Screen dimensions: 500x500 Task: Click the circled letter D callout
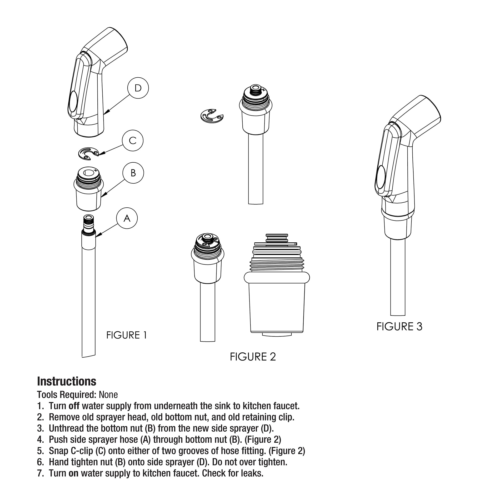click(x=138, y=88)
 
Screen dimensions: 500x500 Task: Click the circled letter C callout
click(x=133, y=140)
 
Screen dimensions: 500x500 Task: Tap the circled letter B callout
click(x=133, y=173)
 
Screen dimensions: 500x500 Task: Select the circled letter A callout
click(x=127, y=218)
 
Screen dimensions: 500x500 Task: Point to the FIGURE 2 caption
click(x=253, y=357)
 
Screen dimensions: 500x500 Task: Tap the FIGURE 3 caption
click(x=399, y=327)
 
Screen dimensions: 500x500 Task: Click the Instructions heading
click(x=66, y=381)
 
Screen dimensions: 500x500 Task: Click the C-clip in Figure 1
click(x=88, y=153)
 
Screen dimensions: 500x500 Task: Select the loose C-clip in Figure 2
click(x=212, y=116)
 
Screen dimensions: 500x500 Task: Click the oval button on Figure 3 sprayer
click(x=380, y=177)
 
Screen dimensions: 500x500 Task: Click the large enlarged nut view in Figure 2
click(x=276, y=290)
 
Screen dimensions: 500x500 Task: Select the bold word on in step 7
click(x=73, y=473)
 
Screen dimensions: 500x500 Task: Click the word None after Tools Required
click(x=108, y=395)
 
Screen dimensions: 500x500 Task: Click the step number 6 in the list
click(x=40, y=462)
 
